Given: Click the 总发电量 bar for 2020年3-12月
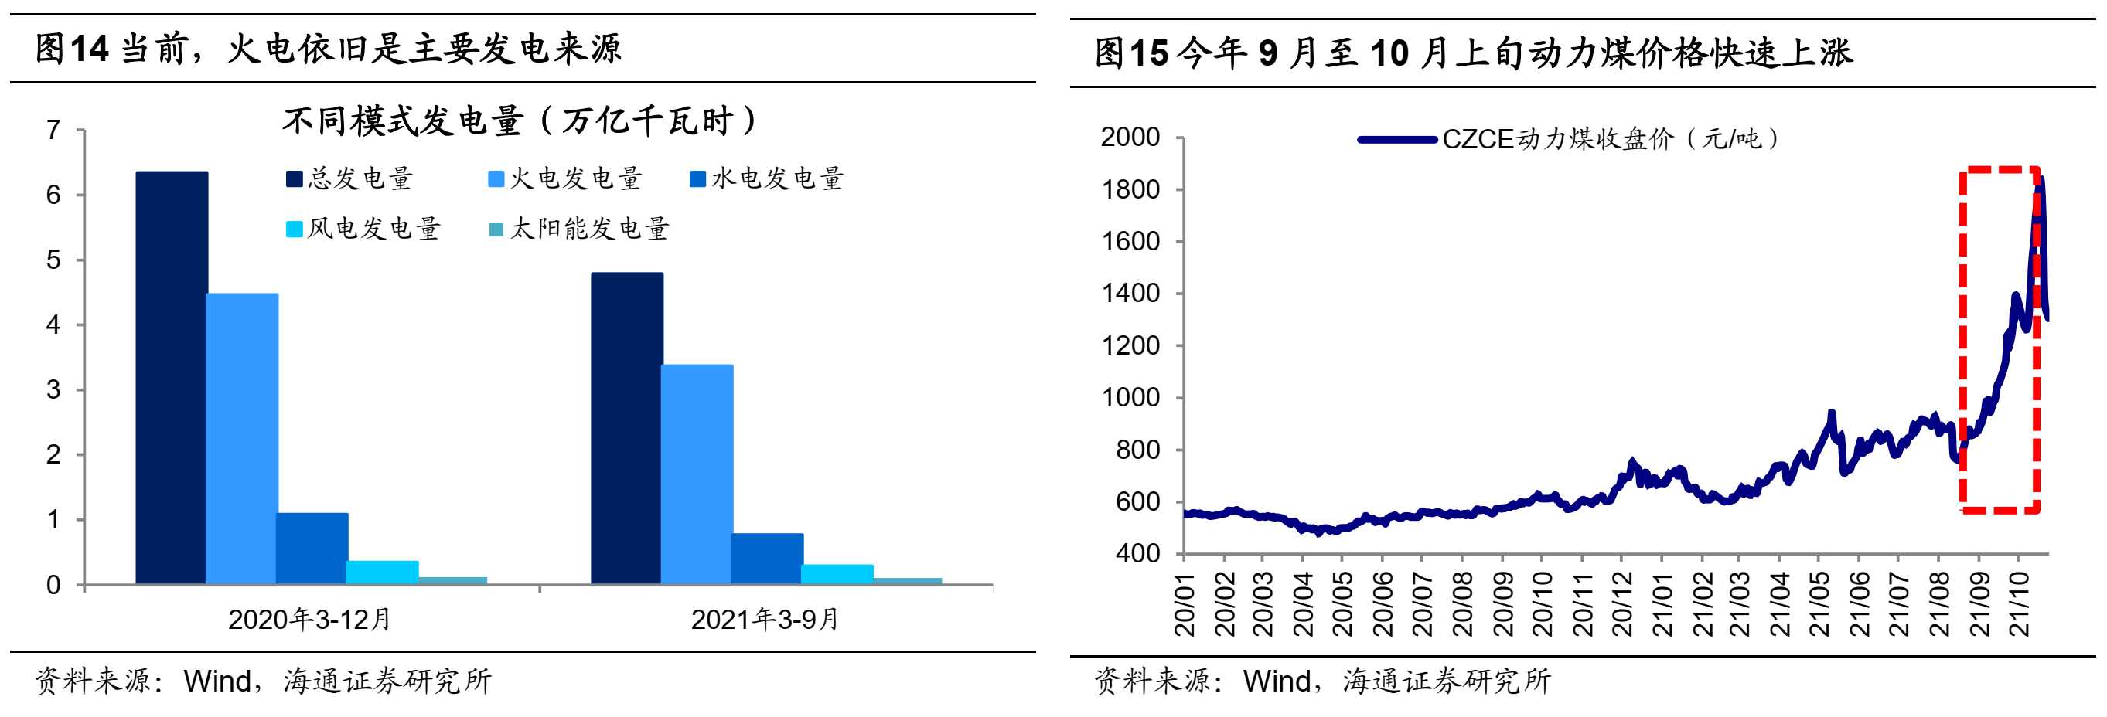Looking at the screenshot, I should pos(172,378).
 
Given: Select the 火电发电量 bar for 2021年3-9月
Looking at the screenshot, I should pos(697,474).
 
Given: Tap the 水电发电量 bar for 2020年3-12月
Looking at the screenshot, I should pos(312,548).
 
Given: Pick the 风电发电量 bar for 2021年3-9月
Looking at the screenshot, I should pos(837,574).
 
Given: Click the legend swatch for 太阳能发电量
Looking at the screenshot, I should pos(496,229).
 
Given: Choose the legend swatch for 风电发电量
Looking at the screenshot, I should pos(294,229).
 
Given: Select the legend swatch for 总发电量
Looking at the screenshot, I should pos(294,179).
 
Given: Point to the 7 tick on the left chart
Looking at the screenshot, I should pos(53,130).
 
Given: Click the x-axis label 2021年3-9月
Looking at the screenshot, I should pos(765,620).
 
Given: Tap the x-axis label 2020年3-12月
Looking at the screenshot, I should pos(309,620).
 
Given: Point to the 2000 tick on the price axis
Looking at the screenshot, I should pos(1130,137).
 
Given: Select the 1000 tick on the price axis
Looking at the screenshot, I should pos(1130,397).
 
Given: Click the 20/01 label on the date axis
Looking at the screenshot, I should pos(1185,605).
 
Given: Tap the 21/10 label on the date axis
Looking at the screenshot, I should pos(2020,605).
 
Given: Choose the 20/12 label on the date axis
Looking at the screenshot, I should pos(1622,605).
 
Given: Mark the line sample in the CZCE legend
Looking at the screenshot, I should pos(1397,140).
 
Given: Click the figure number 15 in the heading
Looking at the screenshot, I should pos(1148,54).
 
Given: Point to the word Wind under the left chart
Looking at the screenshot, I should pos(216,681).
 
